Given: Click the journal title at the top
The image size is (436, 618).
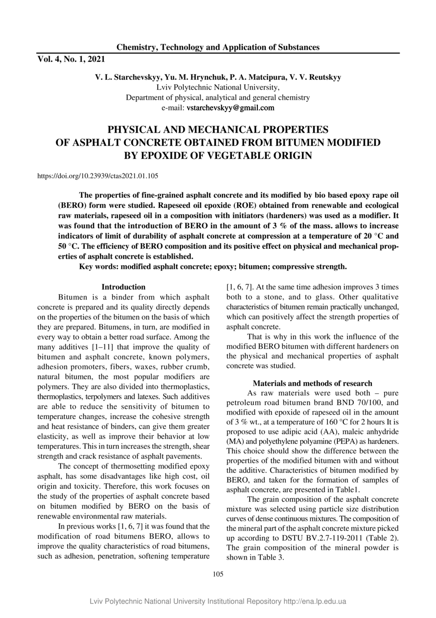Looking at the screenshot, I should click(x=218, y=47).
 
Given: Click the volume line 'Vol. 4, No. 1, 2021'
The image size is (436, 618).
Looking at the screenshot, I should click(x=71, y=59).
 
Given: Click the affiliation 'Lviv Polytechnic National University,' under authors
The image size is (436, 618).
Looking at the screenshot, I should click(x=218, y=87).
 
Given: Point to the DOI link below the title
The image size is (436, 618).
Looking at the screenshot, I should click(x=98, y=175).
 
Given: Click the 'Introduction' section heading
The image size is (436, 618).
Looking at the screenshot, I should click(x=123, y=287).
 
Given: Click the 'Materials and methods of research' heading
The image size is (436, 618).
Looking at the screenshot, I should click(x=312, y=383).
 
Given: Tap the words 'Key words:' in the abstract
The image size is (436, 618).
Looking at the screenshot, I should click(x=100, y=267).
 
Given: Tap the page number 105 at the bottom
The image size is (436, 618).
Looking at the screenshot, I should click(x=218, y=574).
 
